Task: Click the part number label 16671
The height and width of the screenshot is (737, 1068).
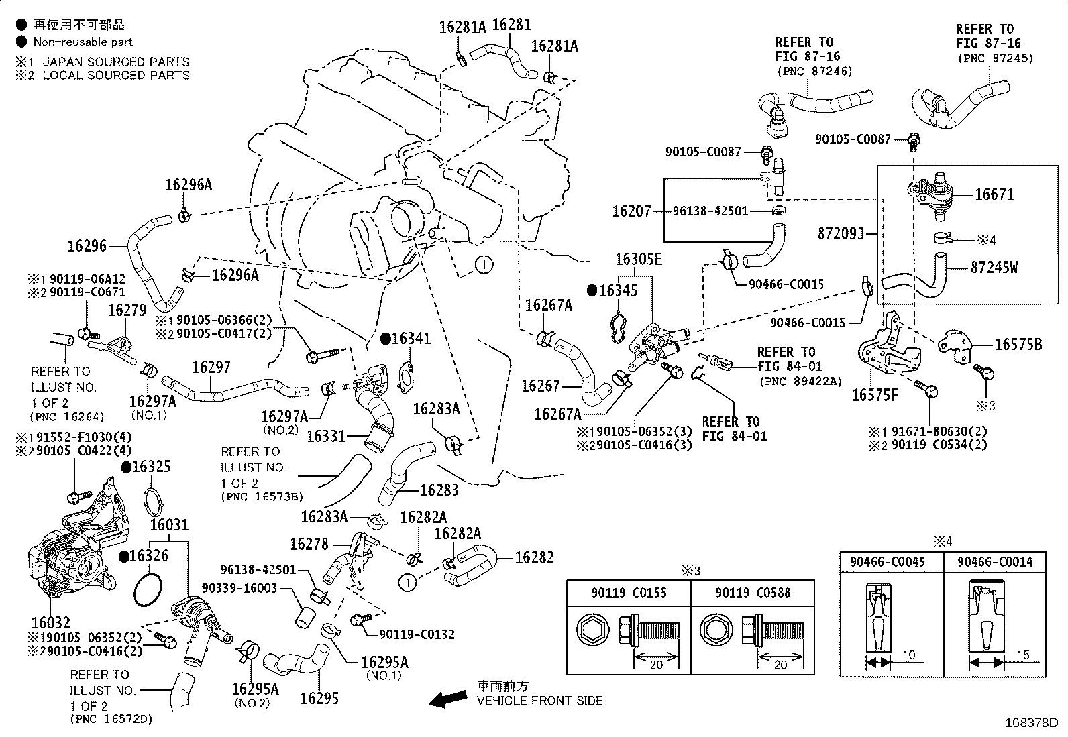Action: [x=994, y=194]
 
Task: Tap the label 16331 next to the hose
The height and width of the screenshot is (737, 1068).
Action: [x=326, y=436]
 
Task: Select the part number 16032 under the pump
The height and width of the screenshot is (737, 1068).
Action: [x=50, y=622]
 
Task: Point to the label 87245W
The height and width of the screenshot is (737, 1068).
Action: [x=994, y=268]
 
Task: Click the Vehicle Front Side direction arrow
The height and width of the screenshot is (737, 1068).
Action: [x=448, y=699]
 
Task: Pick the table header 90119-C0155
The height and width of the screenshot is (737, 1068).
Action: [x=629, y=593]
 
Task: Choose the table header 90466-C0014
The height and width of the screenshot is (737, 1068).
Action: [x=995, y=562]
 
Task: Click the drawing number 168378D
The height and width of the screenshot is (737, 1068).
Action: [x=1031, y=723]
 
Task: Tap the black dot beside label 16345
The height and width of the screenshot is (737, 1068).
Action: [x=592, y=290]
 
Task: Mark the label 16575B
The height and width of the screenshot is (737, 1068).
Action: [x=1018, y=344]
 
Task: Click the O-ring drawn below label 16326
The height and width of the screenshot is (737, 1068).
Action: [x=148, y=589]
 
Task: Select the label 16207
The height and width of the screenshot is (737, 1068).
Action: [x=632, y=211]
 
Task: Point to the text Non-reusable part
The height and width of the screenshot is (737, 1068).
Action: [x=83, y=42]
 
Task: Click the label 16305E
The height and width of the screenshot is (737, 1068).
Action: [x=639, y=259]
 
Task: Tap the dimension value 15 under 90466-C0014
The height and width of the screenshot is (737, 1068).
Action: [x=1023, y=655]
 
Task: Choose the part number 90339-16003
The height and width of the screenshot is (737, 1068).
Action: [x=239, y=587]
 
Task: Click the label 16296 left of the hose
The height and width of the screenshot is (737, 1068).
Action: [x=87, y=246]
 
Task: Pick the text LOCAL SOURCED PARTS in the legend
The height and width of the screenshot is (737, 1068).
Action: [x=116, y=75]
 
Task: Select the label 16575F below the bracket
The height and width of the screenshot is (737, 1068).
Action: [x=875, y=395]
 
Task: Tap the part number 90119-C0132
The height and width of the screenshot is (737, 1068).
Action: [x=417, y=634]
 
